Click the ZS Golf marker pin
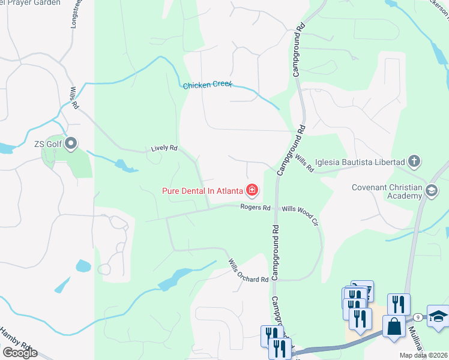pos(71,143)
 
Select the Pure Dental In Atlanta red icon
pos(252,191)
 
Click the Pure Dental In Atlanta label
pos(202,191)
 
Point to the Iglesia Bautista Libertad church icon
pos(414,161)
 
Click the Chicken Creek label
pos(207,85)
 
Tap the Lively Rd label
pos(164,148)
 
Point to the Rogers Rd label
pos(256,208)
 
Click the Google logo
pos(20,352)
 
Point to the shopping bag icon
pos(394,327)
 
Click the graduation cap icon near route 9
pos(438,316)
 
